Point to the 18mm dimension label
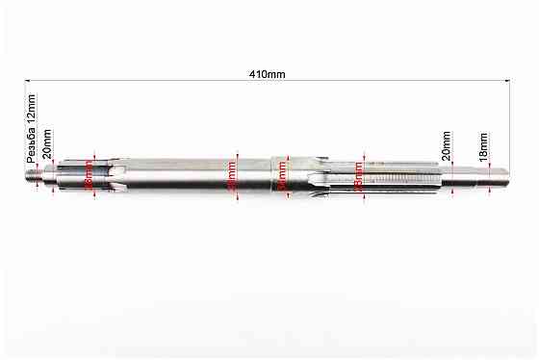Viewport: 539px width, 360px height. coord(484,146)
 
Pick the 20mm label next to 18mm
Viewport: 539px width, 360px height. coord(446,146)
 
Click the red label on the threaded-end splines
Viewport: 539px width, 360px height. coord(90,176)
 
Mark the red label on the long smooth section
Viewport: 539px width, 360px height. coord(231,176)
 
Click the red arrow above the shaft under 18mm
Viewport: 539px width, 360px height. coord(492,163)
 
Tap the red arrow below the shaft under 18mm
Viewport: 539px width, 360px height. coord(492,191)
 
